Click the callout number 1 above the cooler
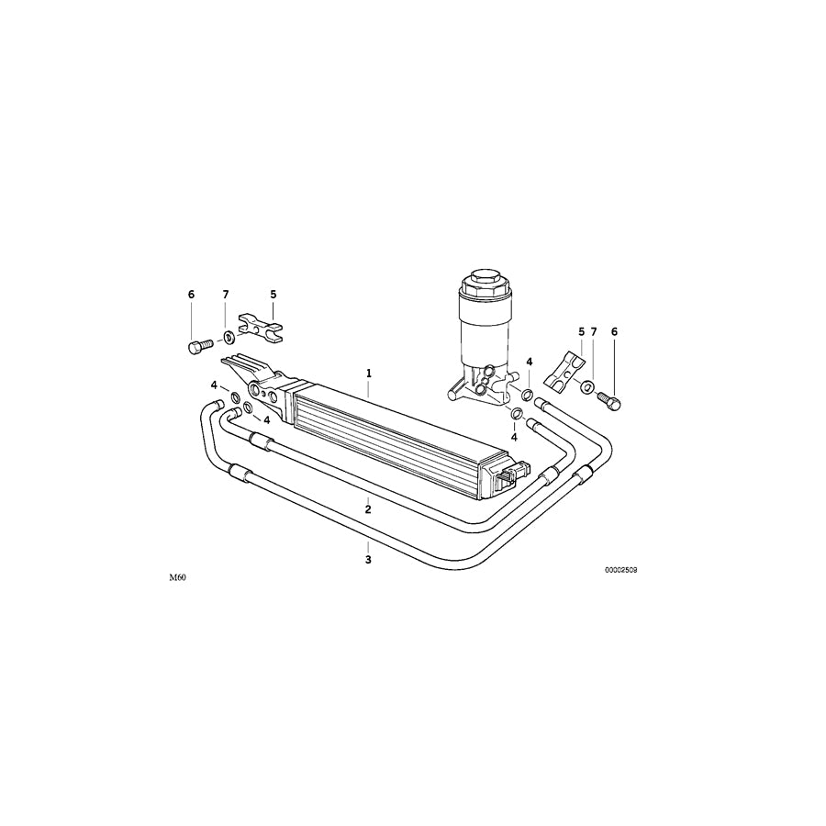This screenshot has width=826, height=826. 368,374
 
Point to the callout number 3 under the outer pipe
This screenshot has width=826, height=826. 368,559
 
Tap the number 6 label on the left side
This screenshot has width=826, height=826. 192,295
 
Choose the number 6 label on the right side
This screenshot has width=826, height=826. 615,331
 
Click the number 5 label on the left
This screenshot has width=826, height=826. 273,295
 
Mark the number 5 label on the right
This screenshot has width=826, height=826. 581,331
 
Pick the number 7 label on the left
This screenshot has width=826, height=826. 226,295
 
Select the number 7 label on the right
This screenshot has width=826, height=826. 594,331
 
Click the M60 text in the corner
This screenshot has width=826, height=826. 177,579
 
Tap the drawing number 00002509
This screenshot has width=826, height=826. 620,569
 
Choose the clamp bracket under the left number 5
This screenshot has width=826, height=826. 261,327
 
